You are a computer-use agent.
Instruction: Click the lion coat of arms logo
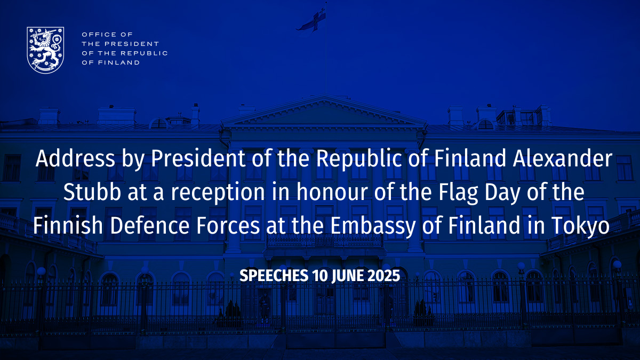coord(45,50)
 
